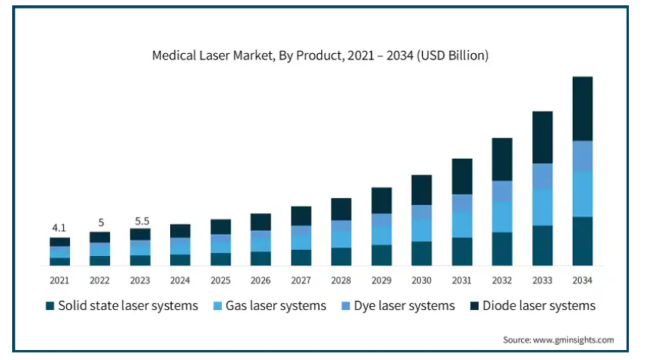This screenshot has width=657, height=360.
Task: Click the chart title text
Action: point(320,55)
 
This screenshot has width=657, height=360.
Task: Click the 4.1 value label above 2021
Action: point(59,227)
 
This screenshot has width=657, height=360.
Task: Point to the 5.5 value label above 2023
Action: point(140,221)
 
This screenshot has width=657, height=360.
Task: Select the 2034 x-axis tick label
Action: point(582,280)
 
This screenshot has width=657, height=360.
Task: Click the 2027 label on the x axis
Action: point(301,280)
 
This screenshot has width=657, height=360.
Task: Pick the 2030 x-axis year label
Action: point(422,280)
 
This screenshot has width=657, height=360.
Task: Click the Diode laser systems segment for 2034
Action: point(582,109)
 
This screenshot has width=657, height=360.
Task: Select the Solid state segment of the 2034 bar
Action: point(582,242)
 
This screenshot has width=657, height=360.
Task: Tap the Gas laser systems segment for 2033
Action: point(542,207)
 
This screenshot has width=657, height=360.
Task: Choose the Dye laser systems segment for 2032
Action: point(502,191)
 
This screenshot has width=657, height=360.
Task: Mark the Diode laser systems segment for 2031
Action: point(462,176)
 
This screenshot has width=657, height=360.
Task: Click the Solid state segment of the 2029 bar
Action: point(381,255)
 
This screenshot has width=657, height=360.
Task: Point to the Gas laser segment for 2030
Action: point(422,230)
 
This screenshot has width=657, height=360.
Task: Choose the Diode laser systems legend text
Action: point(539,306)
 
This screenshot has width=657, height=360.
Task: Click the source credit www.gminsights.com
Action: point(558,339)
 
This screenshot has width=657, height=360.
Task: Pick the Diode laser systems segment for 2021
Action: point(59,242)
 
